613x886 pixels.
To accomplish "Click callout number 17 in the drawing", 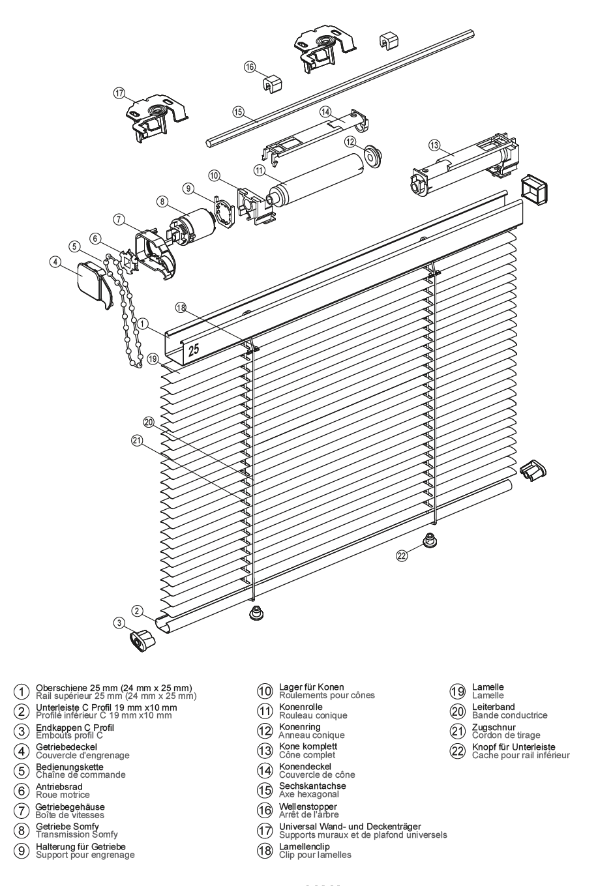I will click(x=119, y=93).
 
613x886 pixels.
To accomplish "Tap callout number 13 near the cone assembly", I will click(x=434, y=144).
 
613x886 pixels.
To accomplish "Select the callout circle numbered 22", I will click(x=402, y=555).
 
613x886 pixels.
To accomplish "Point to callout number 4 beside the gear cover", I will click(x=56, y=261).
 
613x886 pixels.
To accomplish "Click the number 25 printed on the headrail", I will click(x=194, y=349).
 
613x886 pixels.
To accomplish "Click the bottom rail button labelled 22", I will click(x=429, y=540).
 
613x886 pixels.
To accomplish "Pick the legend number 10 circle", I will click(x=264, y=690).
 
